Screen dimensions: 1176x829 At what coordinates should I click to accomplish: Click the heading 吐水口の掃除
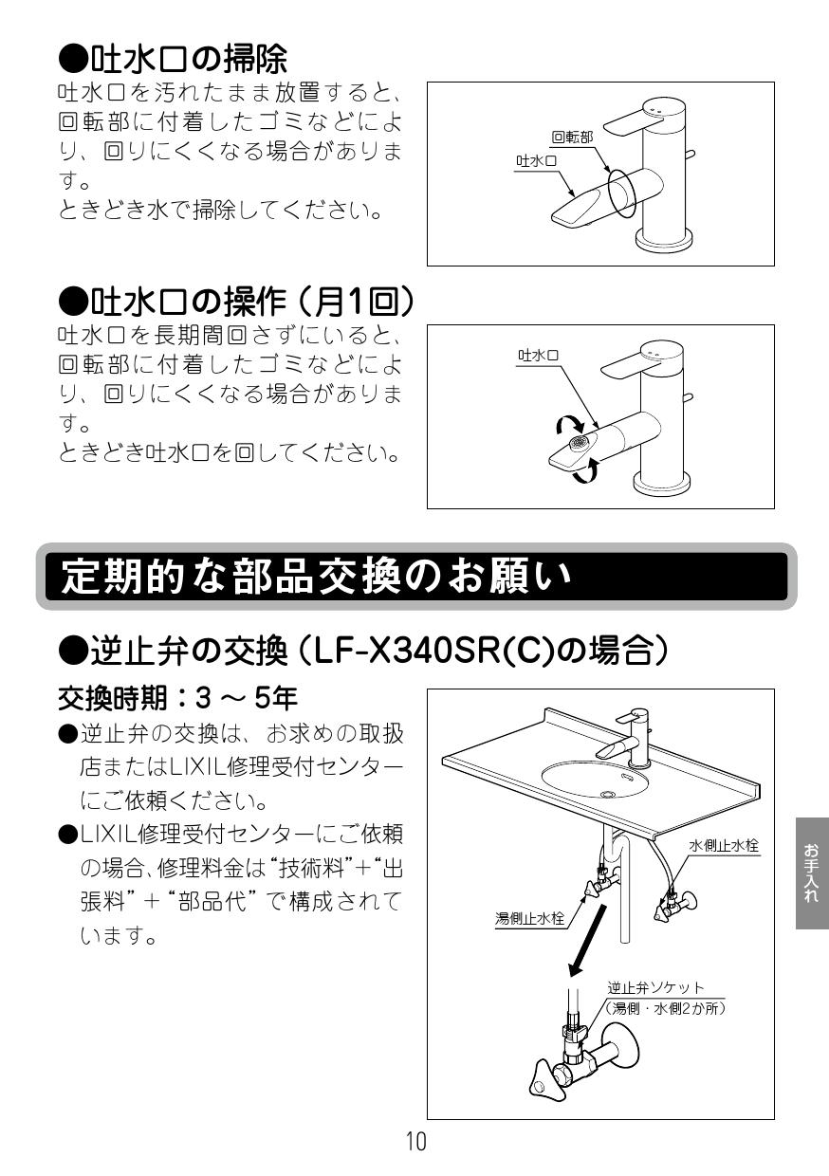click(x=172, y=60)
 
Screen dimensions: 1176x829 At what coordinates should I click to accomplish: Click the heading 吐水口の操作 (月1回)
click(x=237, y=303)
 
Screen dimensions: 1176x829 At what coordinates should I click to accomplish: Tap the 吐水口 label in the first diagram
click(x=537, y=161)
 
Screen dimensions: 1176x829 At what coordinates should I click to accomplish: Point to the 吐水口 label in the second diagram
click(x=538, y=356)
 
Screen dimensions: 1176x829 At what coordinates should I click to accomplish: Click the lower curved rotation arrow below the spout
click(x=591, y=469)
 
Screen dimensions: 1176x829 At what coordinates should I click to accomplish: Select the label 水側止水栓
click(x=724, y=845)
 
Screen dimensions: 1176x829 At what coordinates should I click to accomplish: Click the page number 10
click(x=415, y=1142)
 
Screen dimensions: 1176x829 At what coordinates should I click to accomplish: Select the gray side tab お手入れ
click(x=811, y=873)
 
